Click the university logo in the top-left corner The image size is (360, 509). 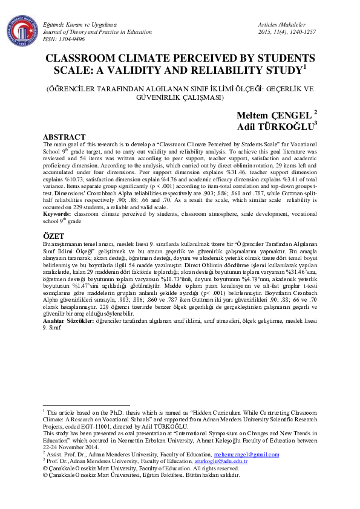point(22,29)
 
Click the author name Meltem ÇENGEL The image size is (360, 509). point(273,114)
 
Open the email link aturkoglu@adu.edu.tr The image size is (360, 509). point(220,460)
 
